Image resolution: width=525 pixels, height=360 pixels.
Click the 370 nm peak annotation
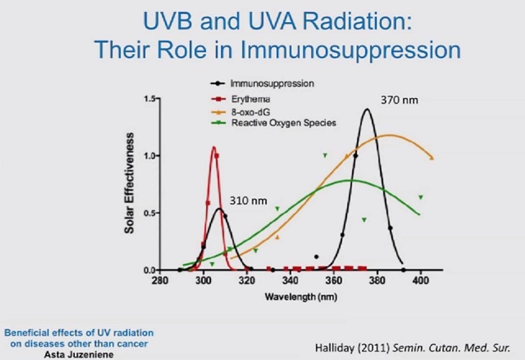(x=400, y=100)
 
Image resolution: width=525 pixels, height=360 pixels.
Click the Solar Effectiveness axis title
(x=130, y=184)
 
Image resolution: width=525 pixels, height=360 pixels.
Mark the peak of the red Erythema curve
(x=214, y=147)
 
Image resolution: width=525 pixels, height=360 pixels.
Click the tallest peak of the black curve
(x=366, y=109)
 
